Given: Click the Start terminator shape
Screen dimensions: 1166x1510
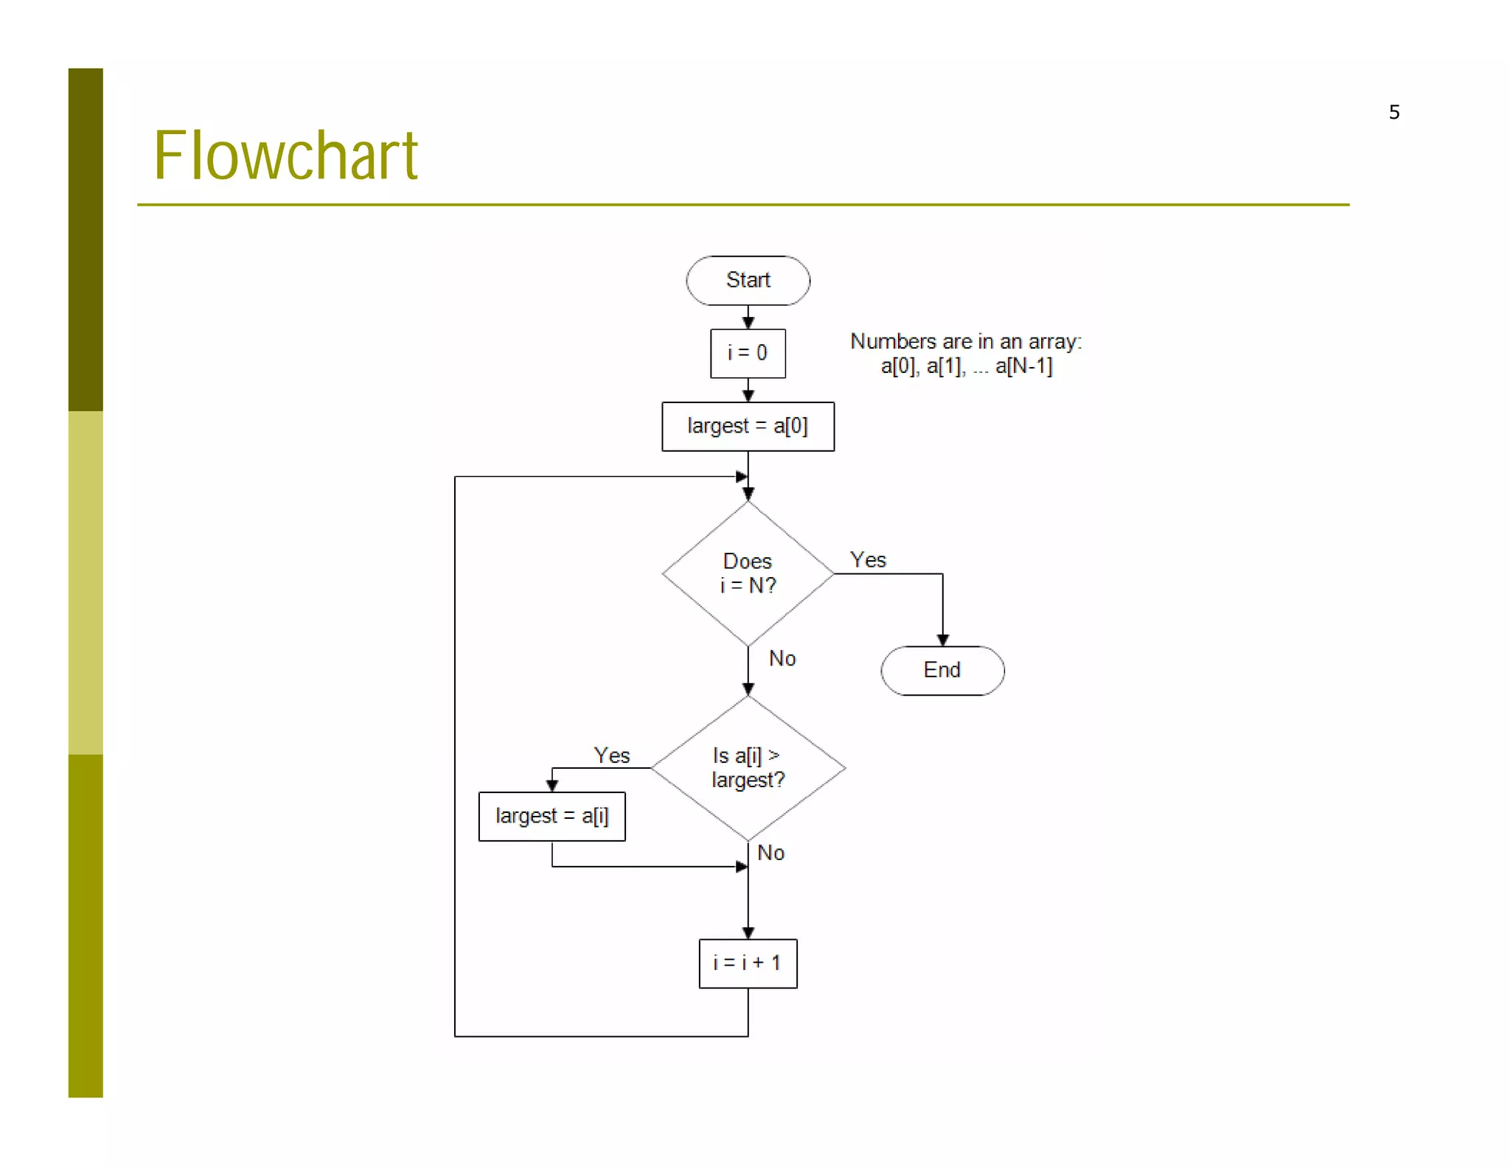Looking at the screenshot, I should (x=748, y=280).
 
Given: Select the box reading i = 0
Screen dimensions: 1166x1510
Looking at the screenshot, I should (x=748, y=353).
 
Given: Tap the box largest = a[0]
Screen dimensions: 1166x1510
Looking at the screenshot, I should (x=748, y=426).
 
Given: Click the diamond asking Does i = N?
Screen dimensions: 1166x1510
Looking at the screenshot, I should (x=748, y=573).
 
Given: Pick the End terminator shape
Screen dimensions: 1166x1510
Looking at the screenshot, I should (x=942, y=670).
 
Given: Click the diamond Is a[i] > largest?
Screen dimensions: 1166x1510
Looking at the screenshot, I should (x=748, y=768).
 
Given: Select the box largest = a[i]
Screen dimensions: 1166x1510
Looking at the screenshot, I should (x=552, y=816).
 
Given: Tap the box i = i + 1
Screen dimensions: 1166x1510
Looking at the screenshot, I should (x=748, y=963).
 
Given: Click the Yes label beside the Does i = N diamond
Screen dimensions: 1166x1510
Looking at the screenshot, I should (x=868, y=560).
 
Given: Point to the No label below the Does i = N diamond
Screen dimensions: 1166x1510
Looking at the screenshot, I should (x=782, y=658).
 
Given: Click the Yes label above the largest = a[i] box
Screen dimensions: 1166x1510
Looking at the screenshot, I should (x=611, y=755).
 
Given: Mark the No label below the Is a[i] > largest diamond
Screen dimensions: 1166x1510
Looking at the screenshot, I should (x=770, y=853).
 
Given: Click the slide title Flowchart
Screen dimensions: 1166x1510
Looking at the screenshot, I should (x=285, y=156).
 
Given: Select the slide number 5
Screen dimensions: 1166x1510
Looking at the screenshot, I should (x=1394, y=112).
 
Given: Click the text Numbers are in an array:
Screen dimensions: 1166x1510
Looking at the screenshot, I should (x=965, y=341).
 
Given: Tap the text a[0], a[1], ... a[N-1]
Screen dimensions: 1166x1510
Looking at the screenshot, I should (x=966, y=366).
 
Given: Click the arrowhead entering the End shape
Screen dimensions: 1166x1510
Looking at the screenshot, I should (x=942, y=640).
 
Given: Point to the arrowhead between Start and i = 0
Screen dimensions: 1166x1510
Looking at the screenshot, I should (x=748, y=323).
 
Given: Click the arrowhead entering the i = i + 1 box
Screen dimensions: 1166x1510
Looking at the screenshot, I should (x=748, y=932).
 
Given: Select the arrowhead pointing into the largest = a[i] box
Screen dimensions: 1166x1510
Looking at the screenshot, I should (x=552, y=786).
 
